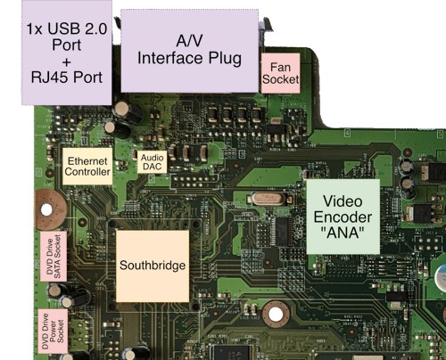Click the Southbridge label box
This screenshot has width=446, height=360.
[x=153, y=266]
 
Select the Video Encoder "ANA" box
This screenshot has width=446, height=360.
[x=343, y=217]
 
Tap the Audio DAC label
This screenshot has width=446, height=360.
[x=152, y=162]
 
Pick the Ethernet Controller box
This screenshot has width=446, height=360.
[x=87, y=167]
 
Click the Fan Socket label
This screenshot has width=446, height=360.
[x=280, y=73]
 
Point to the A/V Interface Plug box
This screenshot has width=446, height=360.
[x=189, y=51]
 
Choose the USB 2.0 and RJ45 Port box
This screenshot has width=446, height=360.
[x=67, y=53]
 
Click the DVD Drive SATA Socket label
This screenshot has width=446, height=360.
[x=54, y=257]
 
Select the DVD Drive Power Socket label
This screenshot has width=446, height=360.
[x=53, y=331]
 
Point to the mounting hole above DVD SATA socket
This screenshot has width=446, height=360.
[x=48, y=209]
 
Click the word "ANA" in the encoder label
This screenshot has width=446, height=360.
[x=343, y=233]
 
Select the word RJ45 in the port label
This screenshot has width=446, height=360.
[x=50, y=78]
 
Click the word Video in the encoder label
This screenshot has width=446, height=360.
[x=343, y=201]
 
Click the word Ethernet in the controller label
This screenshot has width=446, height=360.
[x=87, y=161]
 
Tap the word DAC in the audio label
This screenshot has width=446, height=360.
[x=152, y=167]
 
